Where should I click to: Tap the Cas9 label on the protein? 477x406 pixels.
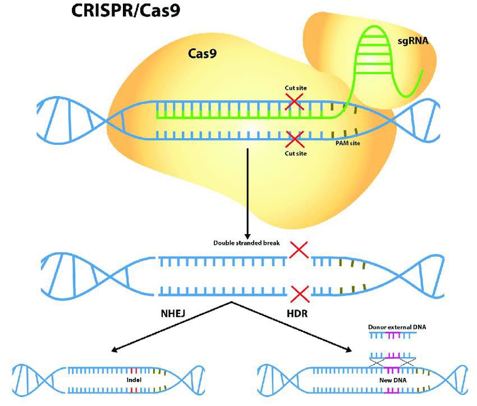202,53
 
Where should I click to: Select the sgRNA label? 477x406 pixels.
413,40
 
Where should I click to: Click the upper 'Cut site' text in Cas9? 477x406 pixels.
296,88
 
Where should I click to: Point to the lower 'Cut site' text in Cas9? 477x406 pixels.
296,153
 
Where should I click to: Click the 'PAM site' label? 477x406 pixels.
348,143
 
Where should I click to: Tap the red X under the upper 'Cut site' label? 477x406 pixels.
294,102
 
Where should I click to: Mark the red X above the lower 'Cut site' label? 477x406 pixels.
295,139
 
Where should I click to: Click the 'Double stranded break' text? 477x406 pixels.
246,243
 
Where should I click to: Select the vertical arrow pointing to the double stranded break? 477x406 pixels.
247,194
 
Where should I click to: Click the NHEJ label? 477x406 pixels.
173,313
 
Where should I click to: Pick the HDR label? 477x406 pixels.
297,313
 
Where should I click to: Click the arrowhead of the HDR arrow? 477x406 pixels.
349,350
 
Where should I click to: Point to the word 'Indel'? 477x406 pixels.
134,380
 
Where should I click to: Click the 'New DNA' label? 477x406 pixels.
393,380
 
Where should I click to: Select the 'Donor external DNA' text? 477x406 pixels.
397,327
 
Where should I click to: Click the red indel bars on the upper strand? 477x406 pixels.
134,371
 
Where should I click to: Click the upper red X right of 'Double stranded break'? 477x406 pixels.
299,249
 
